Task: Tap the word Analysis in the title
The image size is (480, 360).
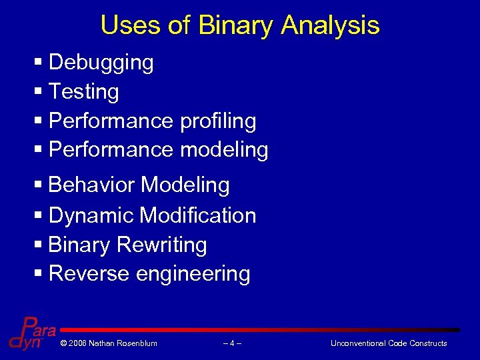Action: coord(330,26)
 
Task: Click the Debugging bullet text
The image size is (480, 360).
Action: coord(101,63)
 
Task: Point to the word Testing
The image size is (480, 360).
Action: coord(84,91)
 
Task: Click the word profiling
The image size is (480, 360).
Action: coord(218,121)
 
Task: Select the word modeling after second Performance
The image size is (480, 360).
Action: coord(224,150)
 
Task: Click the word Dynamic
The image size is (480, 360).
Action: coord(91,215)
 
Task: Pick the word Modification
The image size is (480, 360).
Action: coord(198,215)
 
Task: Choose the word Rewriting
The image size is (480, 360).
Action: coord(162,245)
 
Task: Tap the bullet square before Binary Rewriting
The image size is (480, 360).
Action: coord(37,245)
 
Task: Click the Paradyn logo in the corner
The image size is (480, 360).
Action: coord(32,333)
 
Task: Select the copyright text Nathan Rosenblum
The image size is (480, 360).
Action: coord(109,343)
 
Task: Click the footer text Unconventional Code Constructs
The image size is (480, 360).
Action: coord(389,343)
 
